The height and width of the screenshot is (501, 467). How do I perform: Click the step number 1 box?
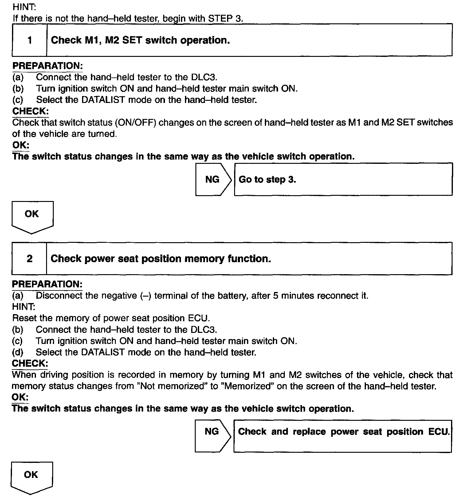pyautogui.click(x=29, y=40)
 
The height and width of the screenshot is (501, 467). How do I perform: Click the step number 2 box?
pyautogui.click(x=29, y=258)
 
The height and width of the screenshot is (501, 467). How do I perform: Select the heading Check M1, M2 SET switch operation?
pyautogui.click(x=140, y=40)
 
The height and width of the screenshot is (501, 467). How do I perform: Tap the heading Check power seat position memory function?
pyautogui.click(x=160, y=259)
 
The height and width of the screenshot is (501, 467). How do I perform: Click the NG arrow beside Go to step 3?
pyautogui.click(x=213, y=179)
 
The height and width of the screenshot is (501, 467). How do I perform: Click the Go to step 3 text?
pyautogui.click(x=267, y=179)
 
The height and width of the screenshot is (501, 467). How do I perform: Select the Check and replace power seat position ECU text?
pyautogui.click(x=343, y=432)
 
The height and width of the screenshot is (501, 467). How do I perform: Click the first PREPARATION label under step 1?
pyautogui.click(x=48, y=66)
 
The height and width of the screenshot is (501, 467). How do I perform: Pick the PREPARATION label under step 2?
pyautogui.click(x=47, y=284)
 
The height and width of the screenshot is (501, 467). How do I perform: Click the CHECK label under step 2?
pyautogui.click(x=30, y=363)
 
